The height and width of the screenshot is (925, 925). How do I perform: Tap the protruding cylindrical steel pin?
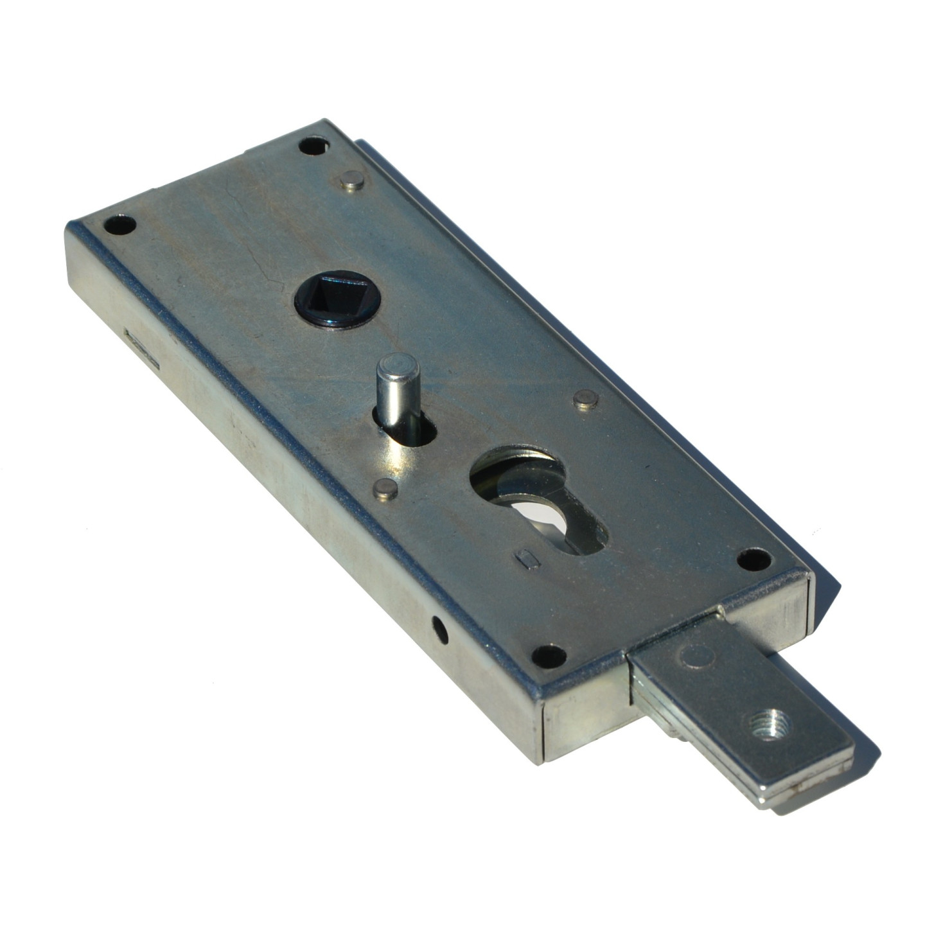coord(398,386)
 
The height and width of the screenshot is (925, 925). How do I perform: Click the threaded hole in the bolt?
coord(770,725)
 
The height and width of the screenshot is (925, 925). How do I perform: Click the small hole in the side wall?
coord(439,630)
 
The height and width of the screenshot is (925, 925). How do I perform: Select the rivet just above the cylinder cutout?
coord(586,400)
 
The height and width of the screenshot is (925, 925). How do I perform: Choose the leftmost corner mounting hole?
coord(120,225)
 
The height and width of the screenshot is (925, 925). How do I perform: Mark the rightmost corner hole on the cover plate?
coord(754,559)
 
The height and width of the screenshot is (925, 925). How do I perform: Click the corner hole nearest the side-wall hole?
coord(550,656)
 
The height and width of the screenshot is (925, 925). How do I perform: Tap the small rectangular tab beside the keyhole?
coord(527,559)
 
